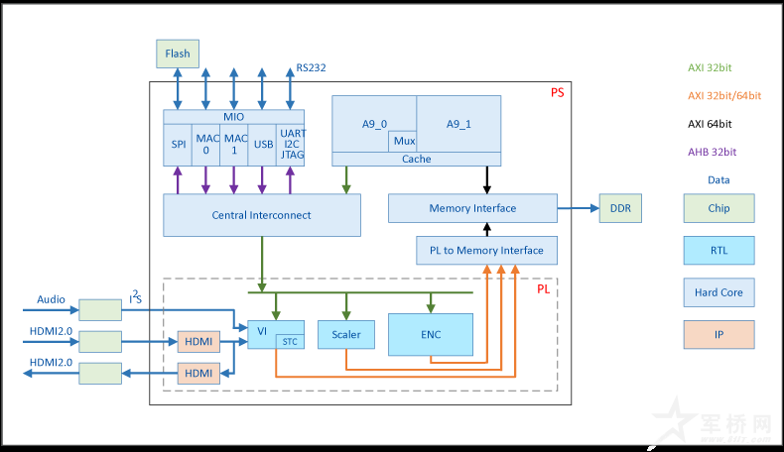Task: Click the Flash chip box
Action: coord(178,54)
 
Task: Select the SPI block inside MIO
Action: coord(179,145)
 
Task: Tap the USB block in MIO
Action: coord(263,145)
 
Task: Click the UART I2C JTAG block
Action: coord(293,145)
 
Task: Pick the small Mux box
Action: coord(403,141)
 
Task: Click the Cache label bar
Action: coord(417,159)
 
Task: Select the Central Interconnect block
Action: coord(261,215)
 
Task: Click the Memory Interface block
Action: coord(472,208)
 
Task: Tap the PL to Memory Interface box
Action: coord(486,251)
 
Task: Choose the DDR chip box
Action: coord(621,208)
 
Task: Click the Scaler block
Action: coord(345,335)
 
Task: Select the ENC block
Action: coord(430,335)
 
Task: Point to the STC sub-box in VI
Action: coord(289,342)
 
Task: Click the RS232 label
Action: coord(311,68)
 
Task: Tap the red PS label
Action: coord(557,92)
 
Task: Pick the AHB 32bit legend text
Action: coord(712,152)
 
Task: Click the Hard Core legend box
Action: coord(719,292)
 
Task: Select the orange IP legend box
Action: coord(719,335)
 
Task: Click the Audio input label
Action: coord(51,299)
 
